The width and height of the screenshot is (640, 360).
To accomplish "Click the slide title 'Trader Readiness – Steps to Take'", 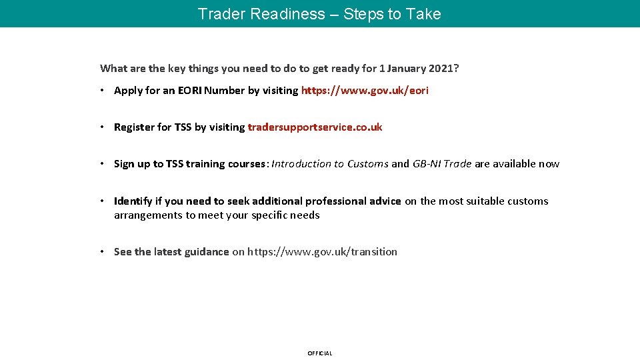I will [319, 14].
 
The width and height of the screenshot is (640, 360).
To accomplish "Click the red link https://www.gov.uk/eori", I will [365, 91].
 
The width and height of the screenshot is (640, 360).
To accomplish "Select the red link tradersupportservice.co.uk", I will [315, 127].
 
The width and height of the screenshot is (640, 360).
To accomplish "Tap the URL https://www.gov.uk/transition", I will [322, 252].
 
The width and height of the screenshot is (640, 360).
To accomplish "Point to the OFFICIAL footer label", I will [319, 353].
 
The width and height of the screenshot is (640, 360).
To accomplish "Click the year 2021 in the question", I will [443, 68].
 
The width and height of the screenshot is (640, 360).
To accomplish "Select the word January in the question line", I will [408, 68].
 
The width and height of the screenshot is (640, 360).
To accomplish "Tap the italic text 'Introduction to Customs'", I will [329, 164].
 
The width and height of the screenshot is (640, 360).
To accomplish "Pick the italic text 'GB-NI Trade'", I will [441, 164].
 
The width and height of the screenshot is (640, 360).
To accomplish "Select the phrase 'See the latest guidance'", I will [171, 252].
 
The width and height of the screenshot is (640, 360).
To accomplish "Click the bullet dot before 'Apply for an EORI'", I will [103, 91].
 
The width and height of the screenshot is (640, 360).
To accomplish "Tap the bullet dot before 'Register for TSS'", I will [103, 127].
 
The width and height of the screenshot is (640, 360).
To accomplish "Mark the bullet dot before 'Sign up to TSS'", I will [103, 164].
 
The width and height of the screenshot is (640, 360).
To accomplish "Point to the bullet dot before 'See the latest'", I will [103, 252].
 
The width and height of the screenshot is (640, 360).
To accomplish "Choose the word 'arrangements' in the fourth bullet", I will [148, 215].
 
